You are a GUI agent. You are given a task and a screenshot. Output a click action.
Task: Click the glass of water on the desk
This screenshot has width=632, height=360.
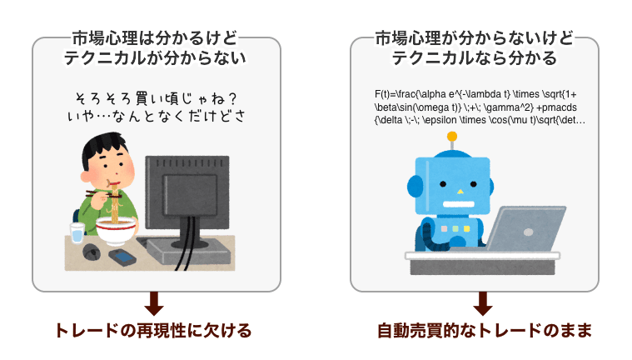77,233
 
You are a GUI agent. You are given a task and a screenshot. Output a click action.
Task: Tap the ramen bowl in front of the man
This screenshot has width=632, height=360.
115,231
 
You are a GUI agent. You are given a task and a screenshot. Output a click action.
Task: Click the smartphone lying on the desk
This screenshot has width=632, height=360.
122,257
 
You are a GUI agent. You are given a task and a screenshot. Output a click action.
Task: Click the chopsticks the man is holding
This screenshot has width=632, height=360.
103,194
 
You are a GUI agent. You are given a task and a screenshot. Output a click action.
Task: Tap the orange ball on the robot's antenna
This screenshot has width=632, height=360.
452,137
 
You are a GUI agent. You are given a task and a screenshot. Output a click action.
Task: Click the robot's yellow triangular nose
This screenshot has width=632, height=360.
460,192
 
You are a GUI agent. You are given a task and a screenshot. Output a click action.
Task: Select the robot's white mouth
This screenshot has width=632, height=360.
458,203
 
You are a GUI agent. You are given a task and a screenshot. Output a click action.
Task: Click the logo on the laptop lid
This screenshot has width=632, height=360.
528,232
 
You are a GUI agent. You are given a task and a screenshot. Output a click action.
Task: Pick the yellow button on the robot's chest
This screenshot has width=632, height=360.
467,229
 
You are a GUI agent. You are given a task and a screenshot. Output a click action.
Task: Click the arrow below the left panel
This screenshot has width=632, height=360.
154,303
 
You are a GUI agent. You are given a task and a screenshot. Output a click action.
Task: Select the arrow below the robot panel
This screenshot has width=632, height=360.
483,303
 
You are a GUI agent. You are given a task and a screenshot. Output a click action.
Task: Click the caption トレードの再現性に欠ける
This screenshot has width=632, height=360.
153,331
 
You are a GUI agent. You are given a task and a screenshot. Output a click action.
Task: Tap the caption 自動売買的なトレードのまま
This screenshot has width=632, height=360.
485,331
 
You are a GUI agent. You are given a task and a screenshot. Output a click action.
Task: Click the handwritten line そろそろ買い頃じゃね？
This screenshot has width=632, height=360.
156,98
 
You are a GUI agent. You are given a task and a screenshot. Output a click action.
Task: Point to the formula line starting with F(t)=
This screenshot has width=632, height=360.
475,94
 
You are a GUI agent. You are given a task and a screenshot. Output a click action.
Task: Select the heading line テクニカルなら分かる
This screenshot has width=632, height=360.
475,58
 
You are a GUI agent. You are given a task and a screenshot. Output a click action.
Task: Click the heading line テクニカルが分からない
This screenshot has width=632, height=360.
155,58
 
